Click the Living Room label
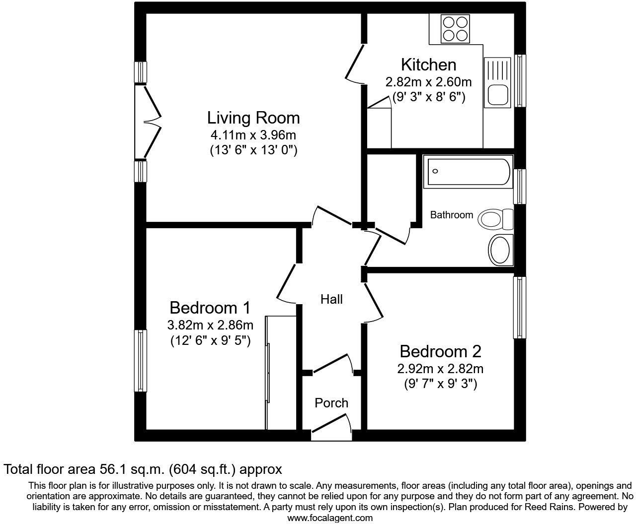253,118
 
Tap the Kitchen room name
428,65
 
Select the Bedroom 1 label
210,308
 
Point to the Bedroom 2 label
440,352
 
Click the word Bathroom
451,215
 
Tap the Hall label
331,299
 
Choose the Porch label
331,403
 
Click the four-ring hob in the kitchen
456,29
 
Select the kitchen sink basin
497,94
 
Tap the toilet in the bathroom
496,218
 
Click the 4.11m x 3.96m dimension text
253,135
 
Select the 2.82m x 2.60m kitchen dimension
428,82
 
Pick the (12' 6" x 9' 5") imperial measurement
210,341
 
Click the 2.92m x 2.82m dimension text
440,369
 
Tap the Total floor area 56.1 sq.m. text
143,469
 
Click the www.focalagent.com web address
330,518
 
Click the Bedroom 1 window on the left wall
141,361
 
